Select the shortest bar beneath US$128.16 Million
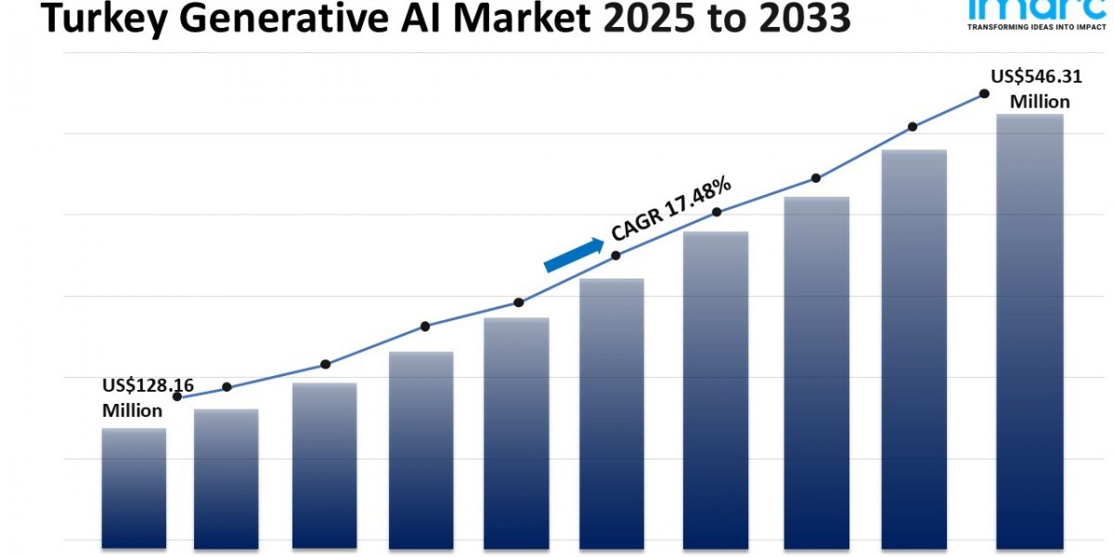134,486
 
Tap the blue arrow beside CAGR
573,254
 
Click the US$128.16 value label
148,384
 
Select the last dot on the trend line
983,94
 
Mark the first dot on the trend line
177,396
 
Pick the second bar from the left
226,477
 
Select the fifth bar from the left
516,432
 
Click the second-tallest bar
914,347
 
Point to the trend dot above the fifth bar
519,303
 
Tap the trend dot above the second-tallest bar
913,126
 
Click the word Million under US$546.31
1040,102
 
